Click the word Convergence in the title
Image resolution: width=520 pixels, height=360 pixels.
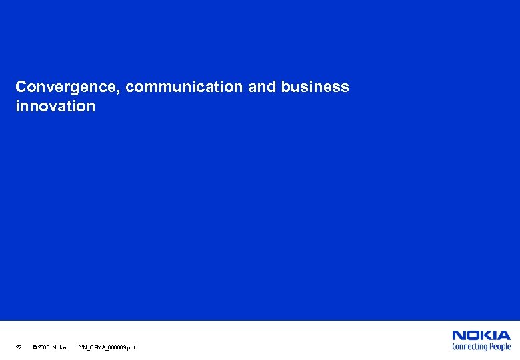pos(67,87)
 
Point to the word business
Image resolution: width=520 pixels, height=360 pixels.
pos(315,87)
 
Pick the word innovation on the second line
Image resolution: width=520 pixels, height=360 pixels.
pos(55,106)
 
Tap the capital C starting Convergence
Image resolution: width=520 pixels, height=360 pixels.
pos(21,87)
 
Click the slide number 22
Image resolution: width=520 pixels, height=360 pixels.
pos(19,347)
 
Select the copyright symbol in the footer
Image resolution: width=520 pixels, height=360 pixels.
pos(34,347)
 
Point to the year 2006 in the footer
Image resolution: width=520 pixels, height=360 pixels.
pos(43,347)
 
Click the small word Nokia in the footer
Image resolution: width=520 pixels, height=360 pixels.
pos(59,347)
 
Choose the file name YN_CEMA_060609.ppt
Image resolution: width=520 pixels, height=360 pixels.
pos(107,347)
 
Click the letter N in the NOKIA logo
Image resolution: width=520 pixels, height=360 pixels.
pos(459,336)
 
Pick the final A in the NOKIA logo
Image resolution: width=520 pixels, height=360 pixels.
pos(505,336)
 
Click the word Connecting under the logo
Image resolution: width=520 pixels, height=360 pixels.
pos(470,347)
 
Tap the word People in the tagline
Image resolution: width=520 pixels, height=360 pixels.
pos(500,347)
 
